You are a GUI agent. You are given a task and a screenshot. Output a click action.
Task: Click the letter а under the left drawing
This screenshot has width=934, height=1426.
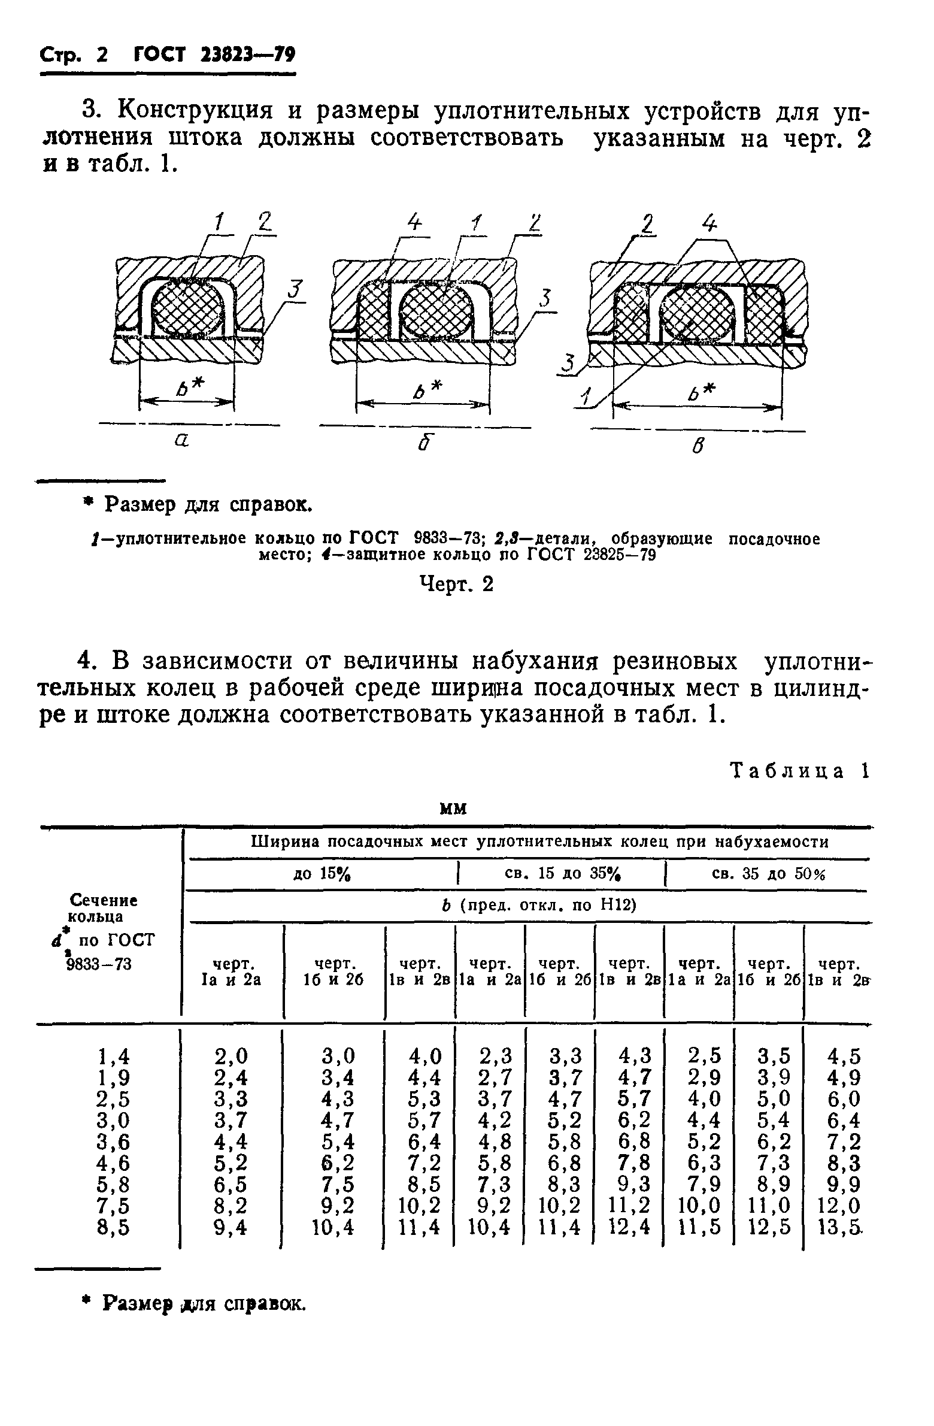pyautogui.click(x=181, y=441)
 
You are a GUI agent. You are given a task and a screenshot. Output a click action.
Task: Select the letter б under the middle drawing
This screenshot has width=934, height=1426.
pyautogui.click(x=425, y=443)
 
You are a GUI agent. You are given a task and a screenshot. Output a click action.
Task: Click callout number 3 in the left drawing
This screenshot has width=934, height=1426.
pyautogui.click(x=293, y=290)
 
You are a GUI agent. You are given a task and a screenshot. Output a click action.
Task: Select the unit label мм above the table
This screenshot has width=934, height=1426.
pyautogui.click(x=453, y=809)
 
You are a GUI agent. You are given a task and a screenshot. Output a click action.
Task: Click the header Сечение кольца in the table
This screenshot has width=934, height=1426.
pyautogui.click(x=103, y=909)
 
